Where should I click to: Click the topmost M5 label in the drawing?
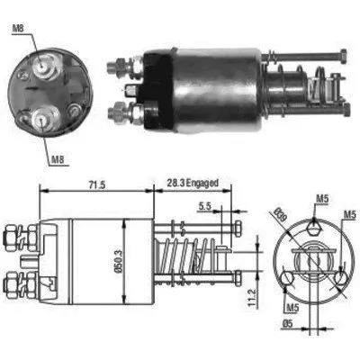click(322, 200)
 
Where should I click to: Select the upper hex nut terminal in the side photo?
click(117, 66)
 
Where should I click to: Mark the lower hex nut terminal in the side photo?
click(116, 112)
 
